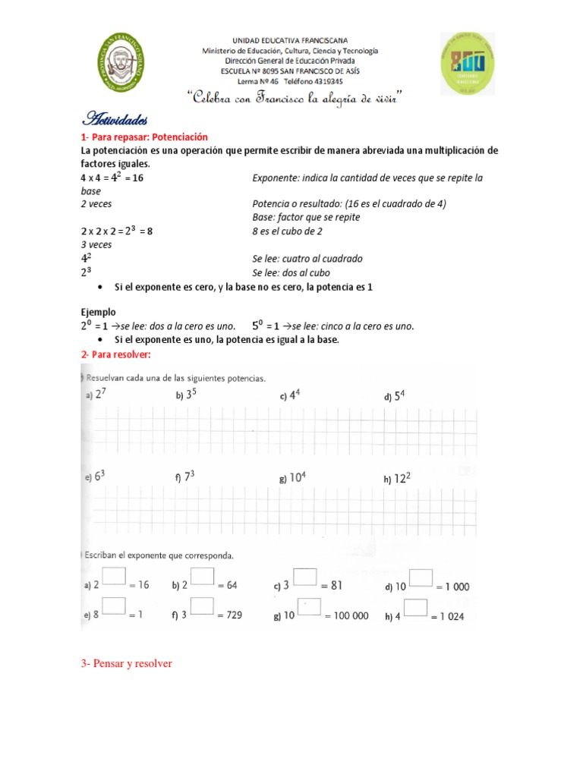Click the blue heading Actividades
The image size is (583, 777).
(x=115, y=119)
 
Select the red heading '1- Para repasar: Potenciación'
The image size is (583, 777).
(x=144, y=137)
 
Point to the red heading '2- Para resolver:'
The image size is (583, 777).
(x=116, y=354)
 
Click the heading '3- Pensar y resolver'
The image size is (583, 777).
(x=127, y=663)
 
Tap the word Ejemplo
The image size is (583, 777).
(x=99, y=312)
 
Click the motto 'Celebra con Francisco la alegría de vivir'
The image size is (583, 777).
(x=293, y=98)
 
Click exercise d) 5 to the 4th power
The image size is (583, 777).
(x=395, y=395)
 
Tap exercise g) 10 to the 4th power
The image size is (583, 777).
(x=293, y=478)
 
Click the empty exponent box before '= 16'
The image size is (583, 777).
(x=114, y=577)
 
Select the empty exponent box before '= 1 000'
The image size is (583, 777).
(x=421, y=577)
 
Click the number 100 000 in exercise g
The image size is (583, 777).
(x=346, y=615)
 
